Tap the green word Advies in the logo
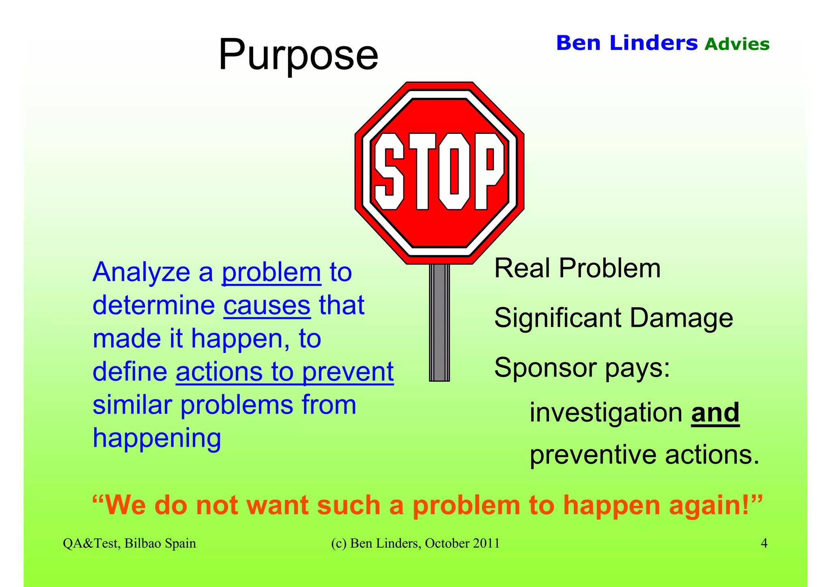[x=737, y=44]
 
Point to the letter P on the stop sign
[x=490, y=172]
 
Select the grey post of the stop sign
[x=439, y=323]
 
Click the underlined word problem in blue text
[x=271, y=272]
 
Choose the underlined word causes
[x=267, y=305]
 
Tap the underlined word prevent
[x=348, y=372]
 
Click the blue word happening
[x=157, y=439]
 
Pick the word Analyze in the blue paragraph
[x=141, y=272]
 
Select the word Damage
[x=681, y=318]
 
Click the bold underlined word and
[x=715, y=413]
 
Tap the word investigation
[x=606, y=413]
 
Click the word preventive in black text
[x=593, y=455]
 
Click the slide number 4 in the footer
[x=764, y=543]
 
